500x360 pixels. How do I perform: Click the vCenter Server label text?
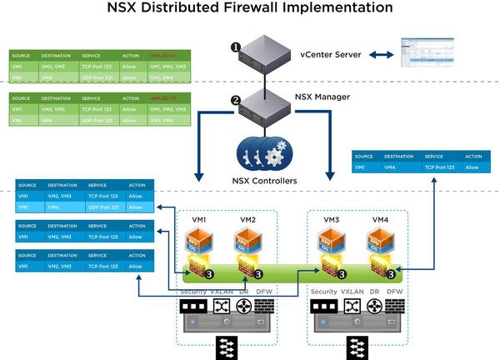point(331,54)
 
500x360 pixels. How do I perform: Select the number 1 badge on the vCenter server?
point(236,47)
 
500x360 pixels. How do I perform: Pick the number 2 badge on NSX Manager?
point(236,101)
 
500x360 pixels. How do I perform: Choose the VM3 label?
point(330,219)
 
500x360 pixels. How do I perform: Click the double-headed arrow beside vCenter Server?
point(382,54)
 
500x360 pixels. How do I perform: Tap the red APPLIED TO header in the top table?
point(165,55)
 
